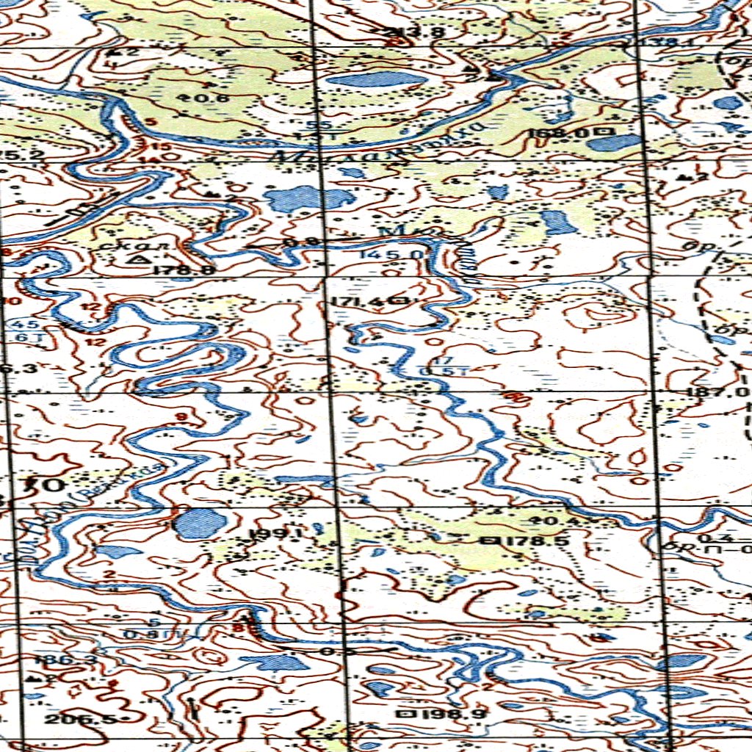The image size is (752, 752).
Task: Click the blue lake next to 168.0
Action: click(x=614, y=142)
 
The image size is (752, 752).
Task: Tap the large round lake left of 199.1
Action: click(x=200, y=523)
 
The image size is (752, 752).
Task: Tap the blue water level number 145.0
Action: click(x=392, y=254)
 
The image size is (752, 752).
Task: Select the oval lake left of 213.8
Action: click(x=376, y=80)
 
